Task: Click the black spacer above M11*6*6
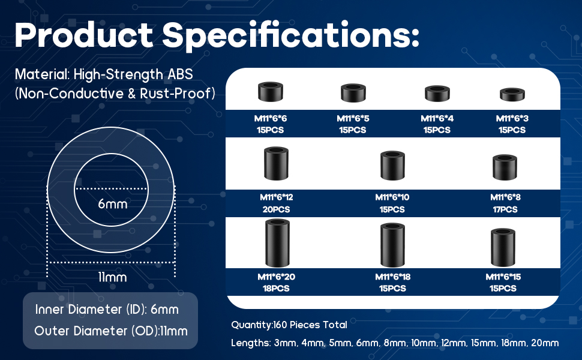coord(270,92)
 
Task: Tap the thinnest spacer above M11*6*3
coord(512,94)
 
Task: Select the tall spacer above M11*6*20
coord(277,243)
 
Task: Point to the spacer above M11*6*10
coord(392,165)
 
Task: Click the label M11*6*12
coord(276,197)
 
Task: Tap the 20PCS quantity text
coord(276,209)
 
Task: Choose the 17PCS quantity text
coord(505,209)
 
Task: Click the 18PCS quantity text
coord(276,289)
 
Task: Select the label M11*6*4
coord(437,118)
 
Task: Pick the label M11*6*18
coord(392,277)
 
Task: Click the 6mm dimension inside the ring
coord(112,204)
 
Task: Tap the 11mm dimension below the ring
coord(112,277)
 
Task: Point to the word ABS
coord(181,74)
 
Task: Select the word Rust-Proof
coord(175,94)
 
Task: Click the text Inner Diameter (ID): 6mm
coord(107,310)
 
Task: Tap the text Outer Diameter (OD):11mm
coord(110,331)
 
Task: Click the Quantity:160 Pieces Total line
coord(289,325)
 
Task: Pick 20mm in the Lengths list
coord(545,343)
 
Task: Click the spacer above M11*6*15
coord(503,247)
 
